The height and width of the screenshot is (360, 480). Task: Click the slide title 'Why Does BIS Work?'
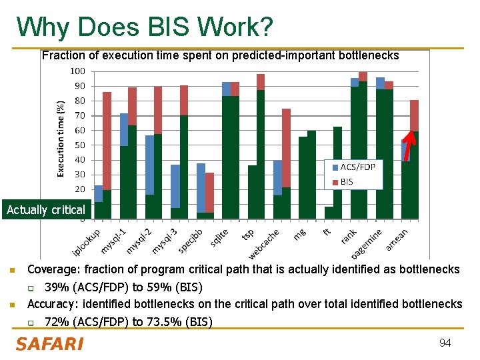point(145,27)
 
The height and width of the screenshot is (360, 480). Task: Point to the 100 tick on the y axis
point(78,71)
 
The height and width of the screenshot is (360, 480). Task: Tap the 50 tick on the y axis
point(80,145)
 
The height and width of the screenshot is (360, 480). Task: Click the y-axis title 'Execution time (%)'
point(61,139)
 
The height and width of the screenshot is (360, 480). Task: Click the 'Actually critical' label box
point(46,210)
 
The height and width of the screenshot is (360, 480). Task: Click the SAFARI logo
point(50,344)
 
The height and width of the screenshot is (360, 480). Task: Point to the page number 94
point(445,343)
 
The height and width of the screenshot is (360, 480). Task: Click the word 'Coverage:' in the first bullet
point(51,270)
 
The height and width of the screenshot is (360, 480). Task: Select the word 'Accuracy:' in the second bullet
point(51,304)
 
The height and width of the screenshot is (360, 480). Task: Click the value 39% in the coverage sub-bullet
point(55,287)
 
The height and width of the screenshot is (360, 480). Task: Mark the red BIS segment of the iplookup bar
point(107,140)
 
